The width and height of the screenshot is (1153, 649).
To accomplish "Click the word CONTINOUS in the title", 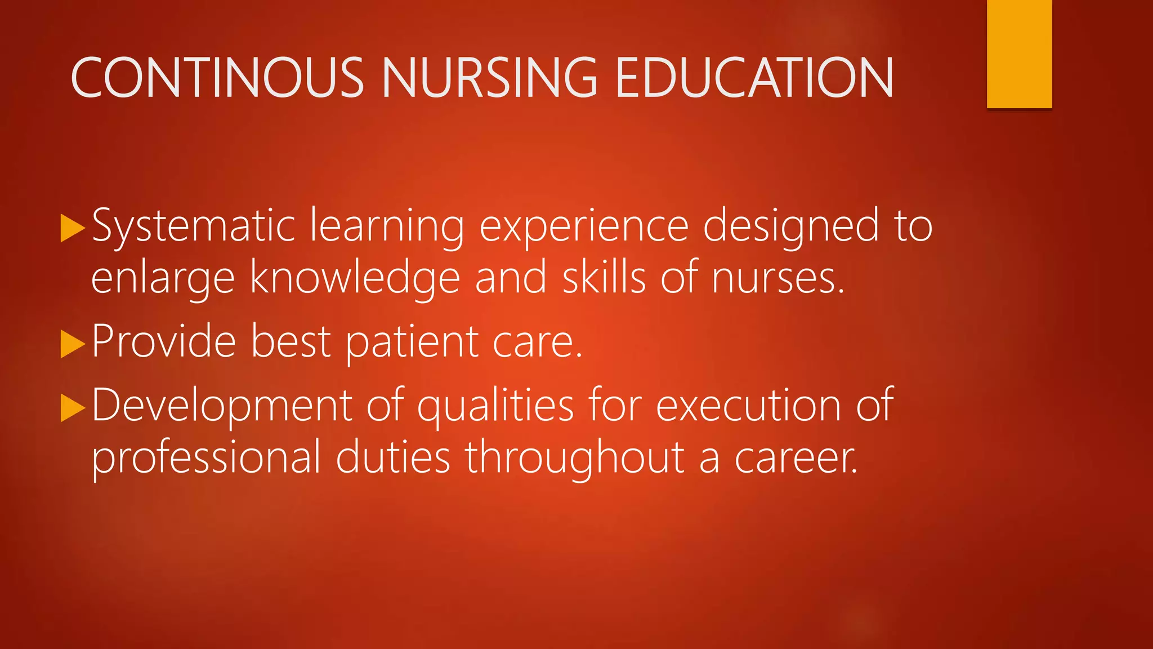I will [x=217, y=78].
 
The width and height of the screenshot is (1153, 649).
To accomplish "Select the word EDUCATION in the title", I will [x=754, y=78].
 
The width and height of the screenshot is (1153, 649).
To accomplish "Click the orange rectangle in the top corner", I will [x=1019, y=54].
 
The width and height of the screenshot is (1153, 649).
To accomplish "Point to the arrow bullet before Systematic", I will [x=72, y=228].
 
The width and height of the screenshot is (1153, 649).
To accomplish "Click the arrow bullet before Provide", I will [x=72, y=344].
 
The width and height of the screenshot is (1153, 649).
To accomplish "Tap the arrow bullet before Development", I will [x=72, y=407].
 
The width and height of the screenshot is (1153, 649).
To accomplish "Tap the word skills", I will [x=604, y=277].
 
